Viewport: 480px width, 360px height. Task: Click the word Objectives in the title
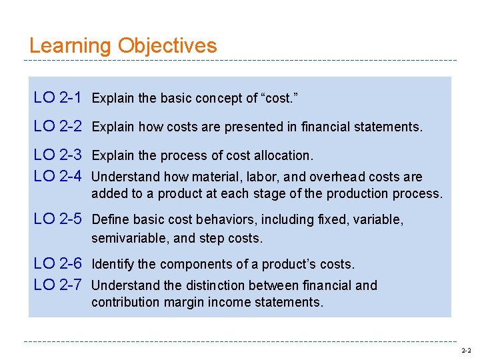coord(167,47)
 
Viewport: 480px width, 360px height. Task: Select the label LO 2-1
coord(57,98)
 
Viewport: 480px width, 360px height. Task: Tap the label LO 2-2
coord(57,126)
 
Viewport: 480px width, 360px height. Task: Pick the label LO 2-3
coord(57,155)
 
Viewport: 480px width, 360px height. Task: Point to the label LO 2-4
coord(57,177)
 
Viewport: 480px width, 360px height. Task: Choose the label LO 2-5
coord(57,219)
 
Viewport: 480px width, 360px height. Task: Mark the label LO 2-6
coord(57,264)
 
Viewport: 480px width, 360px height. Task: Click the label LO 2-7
coord(57,285)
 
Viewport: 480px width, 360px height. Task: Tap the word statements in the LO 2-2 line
coord(391,127)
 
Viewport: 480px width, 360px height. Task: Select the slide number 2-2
coord(465,351)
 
